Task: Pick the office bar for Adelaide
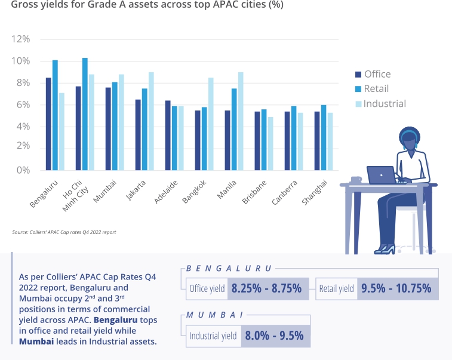[x=168, y=136]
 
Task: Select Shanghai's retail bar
[x=324, y=137]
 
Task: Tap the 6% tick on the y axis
[x=23, y=105]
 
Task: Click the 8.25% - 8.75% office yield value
[x=266, y=289]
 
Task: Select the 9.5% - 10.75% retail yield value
[x=396, y=289]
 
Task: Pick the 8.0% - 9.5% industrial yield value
[x=275, y=336]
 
